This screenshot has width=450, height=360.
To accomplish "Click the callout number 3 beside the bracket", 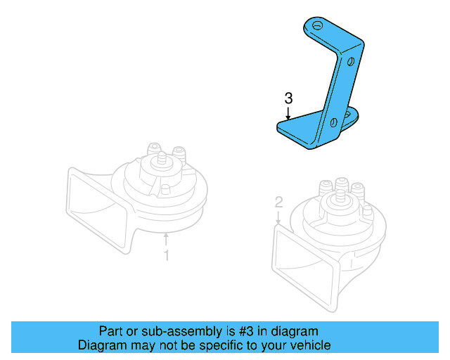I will click(288, 98).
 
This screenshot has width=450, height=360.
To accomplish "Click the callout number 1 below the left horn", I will click(166, 255).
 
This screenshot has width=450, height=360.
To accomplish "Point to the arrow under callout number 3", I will click(288, 112).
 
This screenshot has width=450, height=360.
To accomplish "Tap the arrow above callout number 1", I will click(166, 240).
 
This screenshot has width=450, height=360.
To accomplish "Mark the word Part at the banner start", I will click(110, 331).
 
